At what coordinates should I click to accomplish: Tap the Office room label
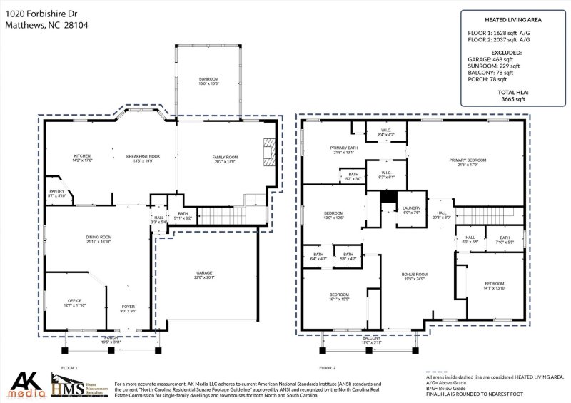pyautogui.click(x=75, y=302)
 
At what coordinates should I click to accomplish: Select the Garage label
pyautogui.click(x=205, y=275)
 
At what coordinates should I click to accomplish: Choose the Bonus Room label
pyautogui.click(x=415, y=275)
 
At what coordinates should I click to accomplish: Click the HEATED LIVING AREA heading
pyautogui.click(x=512, y=22)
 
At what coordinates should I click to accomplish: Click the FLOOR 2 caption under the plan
pyautogui.click(x=328, y=368)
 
